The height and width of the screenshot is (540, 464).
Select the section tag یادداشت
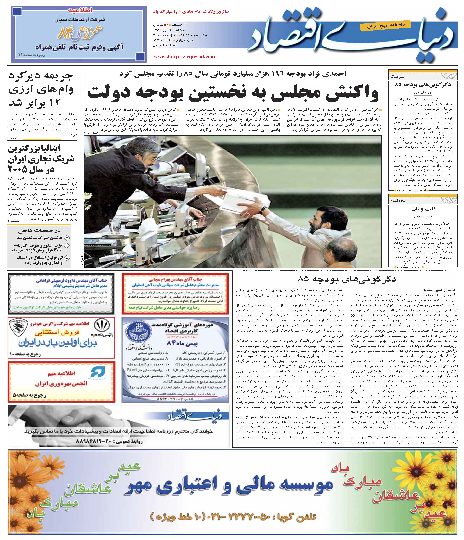coord(397,201)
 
